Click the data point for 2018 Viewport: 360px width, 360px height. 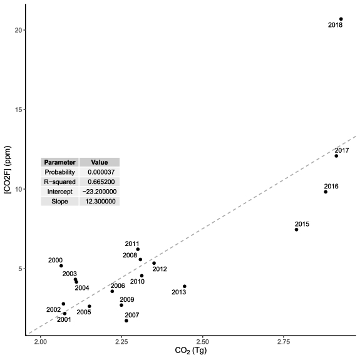pyautogui.click(x=341, y=19)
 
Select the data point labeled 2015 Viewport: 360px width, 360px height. pyautogui.click(x=296, y=229)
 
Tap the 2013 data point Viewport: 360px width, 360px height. pyautogui.click(x=185, y=286)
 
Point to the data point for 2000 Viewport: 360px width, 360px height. pyautogui.click(x=61, y=265)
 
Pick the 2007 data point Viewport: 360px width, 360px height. pyautogui.click(x=126, y=321)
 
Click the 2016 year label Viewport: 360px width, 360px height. pyautogui.click(x=331, y=186)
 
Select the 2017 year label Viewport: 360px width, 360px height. pyautogui.click(x=342, y=150)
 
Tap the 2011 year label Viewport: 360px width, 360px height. pyautogui.click(x=132, y=244)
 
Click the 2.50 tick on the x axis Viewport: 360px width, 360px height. pyautogui.click(x=202, y=342)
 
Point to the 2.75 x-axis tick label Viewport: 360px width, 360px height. pyautogui.click(x=283, y=342)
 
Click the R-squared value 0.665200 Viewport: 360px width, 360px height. pyautogui.click(x=99, y=182)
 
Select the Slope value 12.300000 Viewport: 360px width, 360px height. pyautogui.click(x=99, y=201)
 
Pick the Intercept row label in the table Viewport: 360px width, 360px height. pyautogui.click(x=59, y=192)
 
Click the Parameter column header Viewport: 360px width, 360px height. pyautogui.click(x=59, y=162)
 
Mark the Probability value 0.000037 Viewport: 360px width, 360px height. pyautogui.click(x=99, y=172)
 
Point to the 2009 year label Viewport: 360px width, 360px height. pyautogui.click(x=127, y=300)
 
